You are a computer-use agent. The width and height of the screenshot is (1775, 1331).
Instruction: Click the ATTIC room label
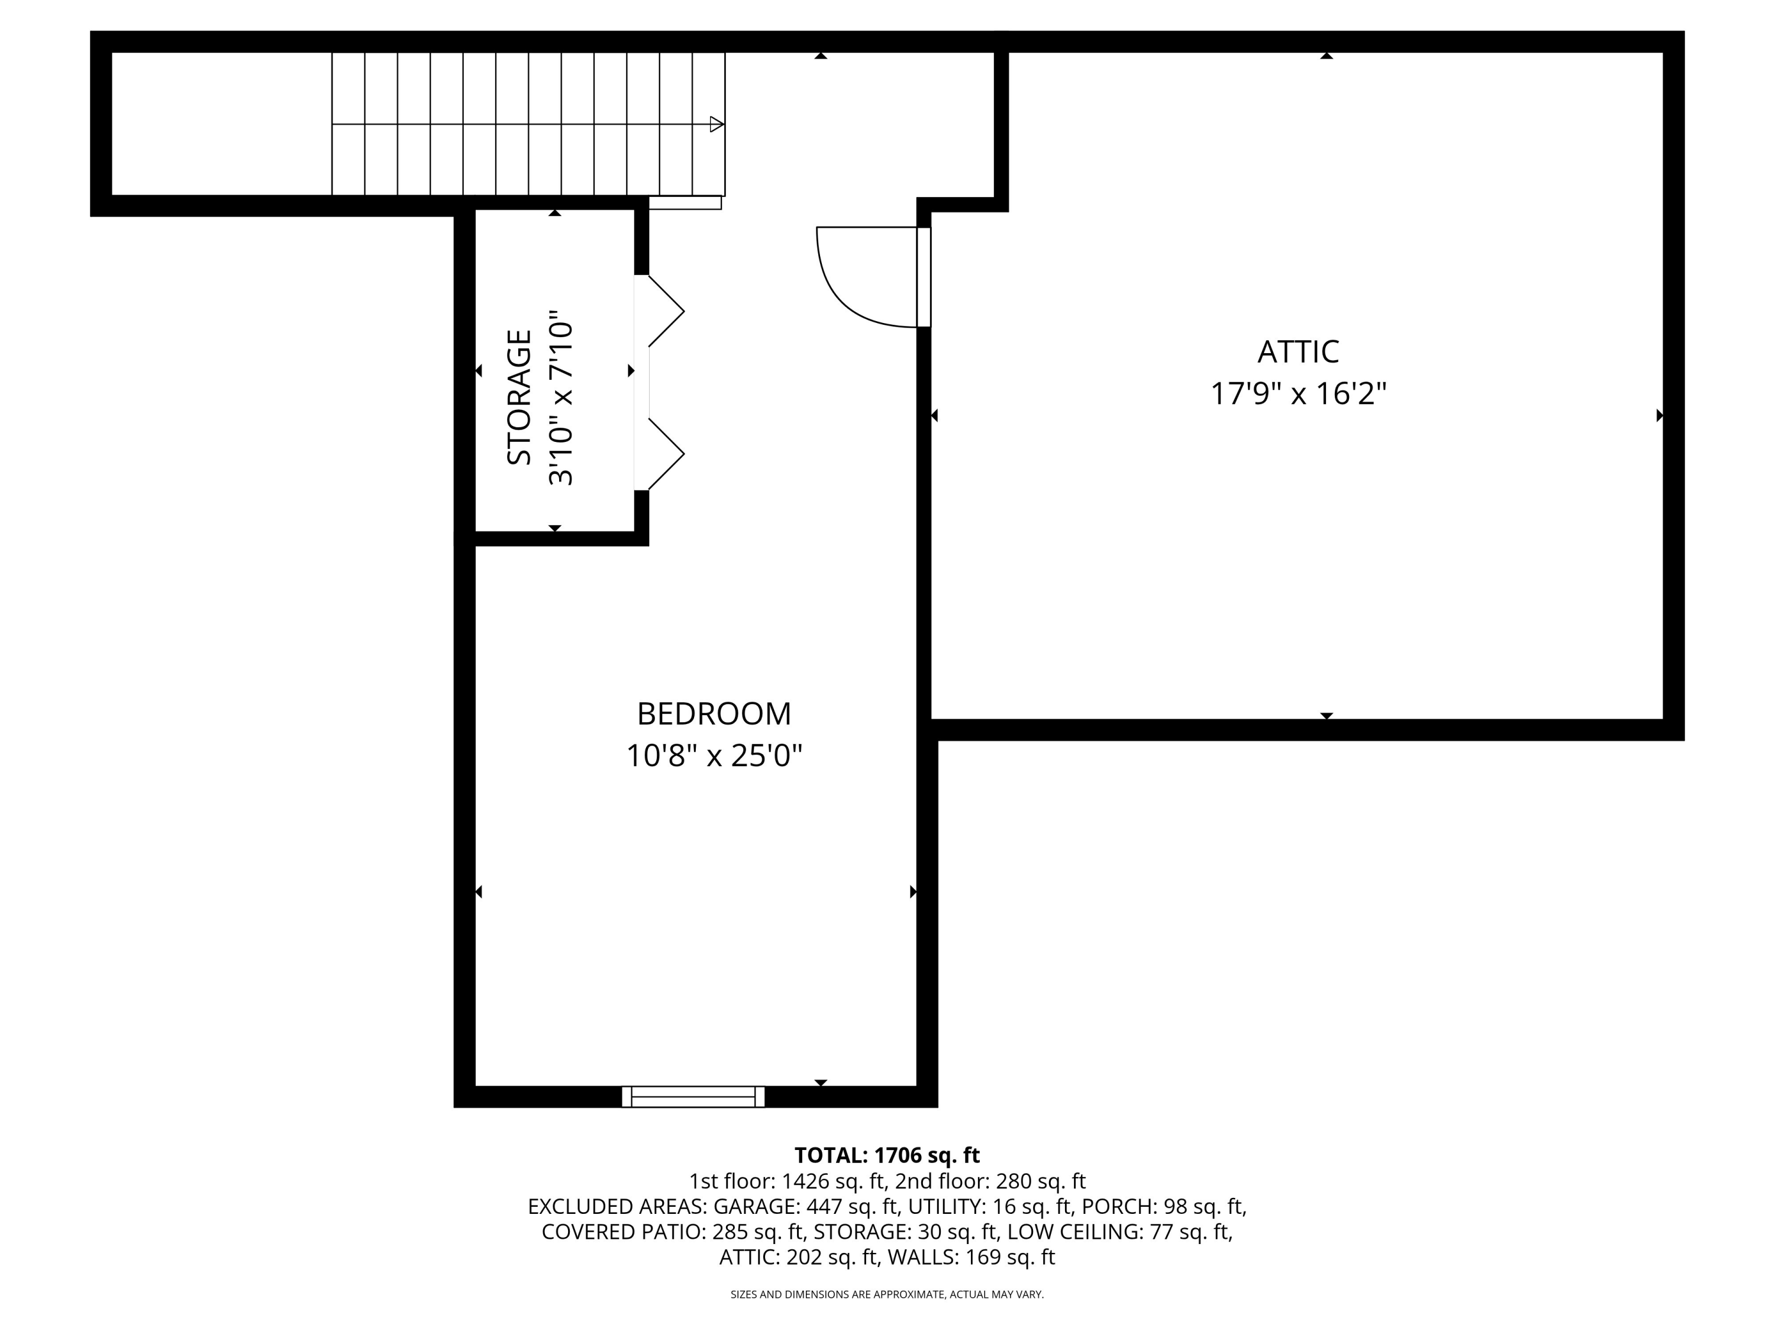(x=1298, y=351)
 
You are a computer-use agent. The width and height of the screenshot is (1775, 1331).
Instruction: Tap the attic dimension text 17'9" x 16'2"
(x=1298, y=394)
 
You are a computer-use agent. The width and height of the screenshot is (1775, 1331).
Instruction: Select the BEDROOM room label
(x=714, y=713)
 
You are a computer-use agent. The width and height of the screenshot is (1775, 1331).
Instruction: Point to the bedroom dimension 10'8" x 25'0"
(x=714, y=756)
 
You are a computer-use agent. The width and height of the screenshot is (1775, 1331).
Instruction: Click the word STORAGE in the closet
(x=519, y=397)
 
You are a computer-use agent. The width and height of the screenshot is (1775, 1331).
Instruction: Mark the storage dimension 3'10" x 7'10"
(x=561, y=398)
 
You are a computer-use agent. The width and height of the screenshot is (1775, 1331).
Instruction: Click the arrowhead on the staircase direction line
(x=717, y=124)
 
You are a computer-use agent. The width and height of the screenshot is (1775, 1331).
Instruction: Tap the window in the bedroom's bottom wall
(x=693, y=1097)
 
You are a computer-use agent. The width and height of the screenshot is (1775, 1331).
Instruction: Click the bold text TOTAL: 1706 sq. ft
(x=887, y=1155)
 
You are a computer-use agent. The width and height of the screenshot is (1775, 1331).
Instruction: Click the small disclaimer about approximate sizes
(x=887, y=1294)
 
